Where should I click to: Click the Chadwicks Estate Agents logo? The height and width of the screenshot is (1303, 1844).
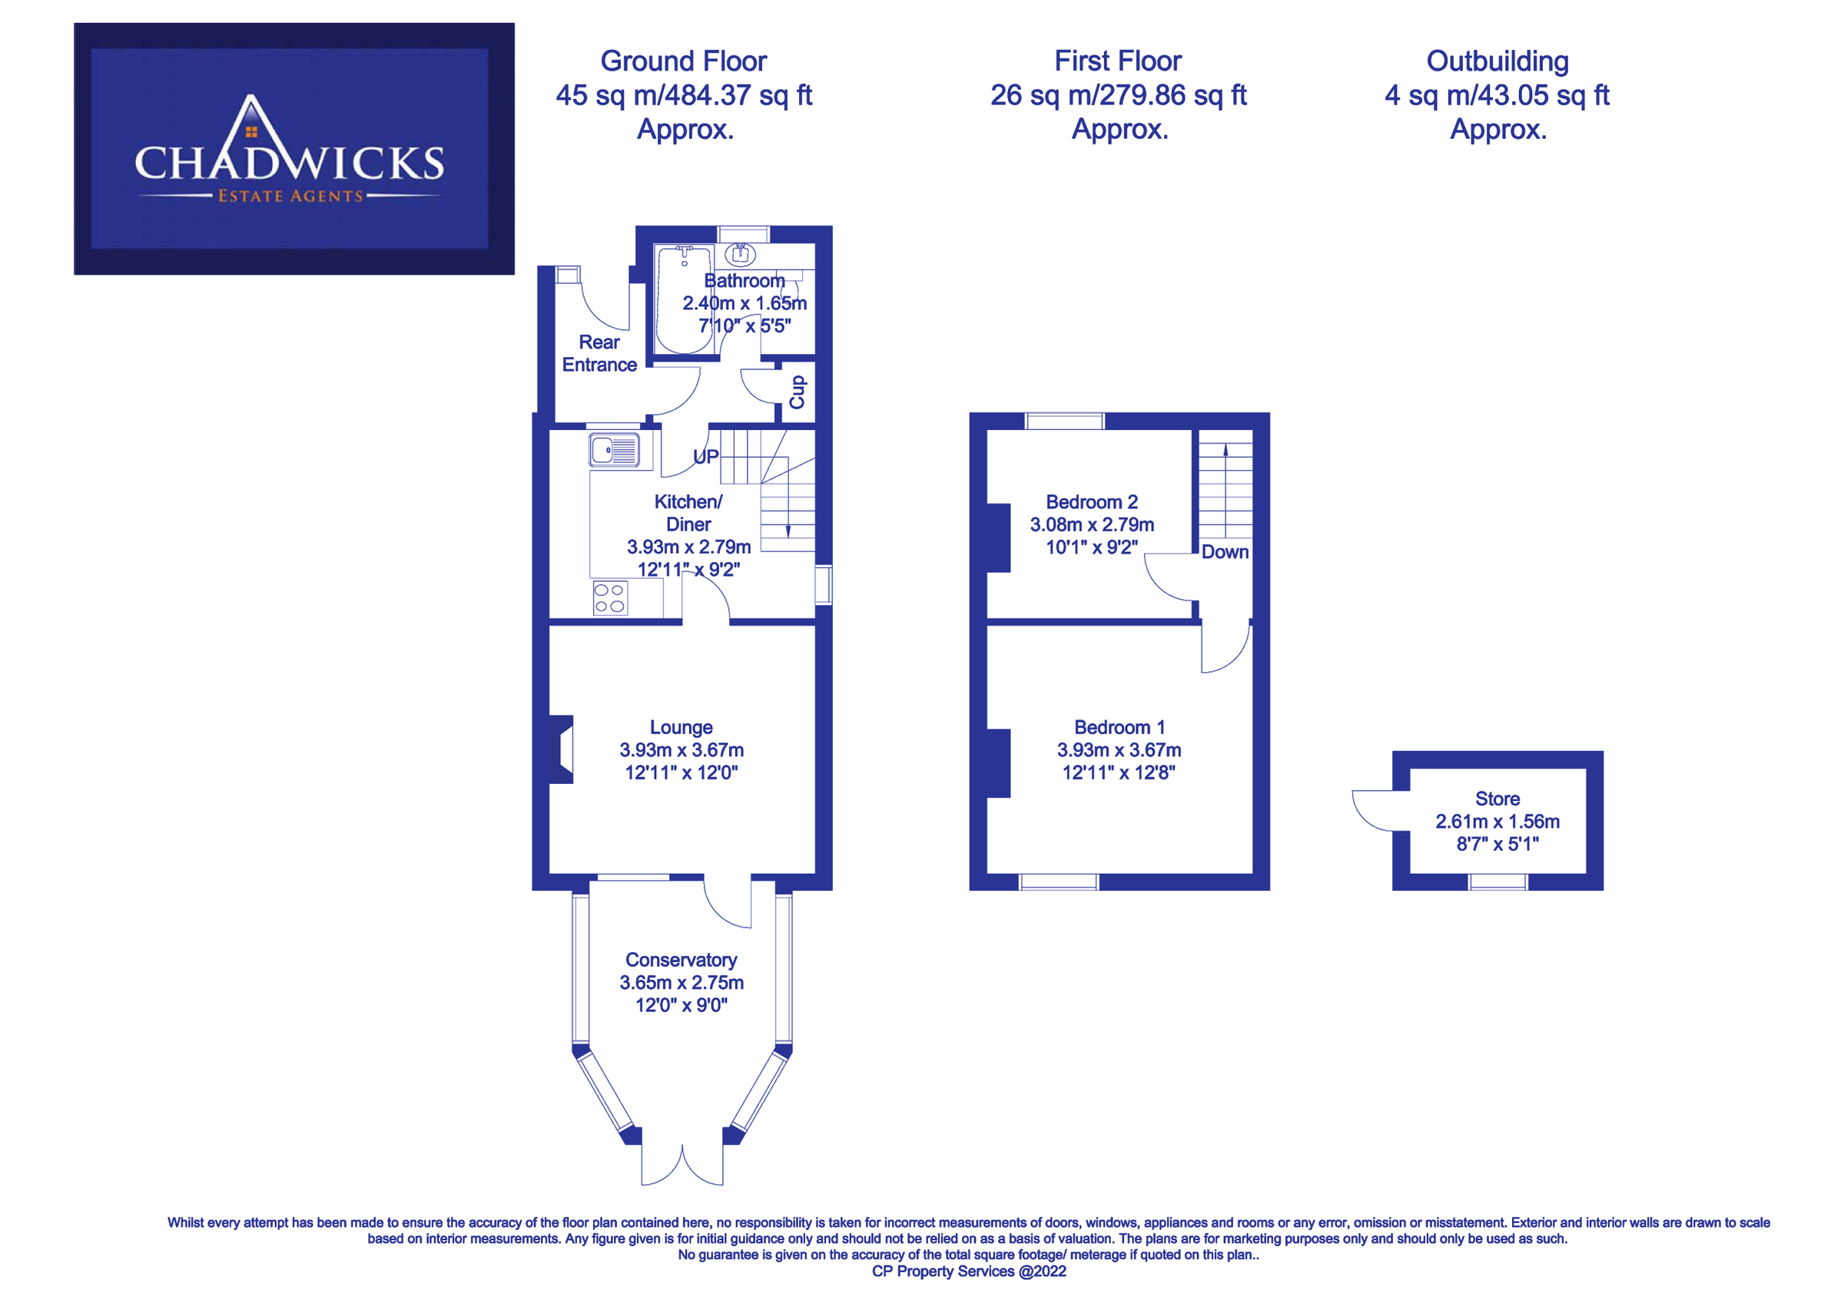294,148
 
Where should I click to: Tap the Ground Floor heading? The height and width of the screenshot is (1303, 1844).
684,61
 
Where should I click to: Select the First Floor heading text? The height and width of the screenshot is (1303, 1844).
1117,61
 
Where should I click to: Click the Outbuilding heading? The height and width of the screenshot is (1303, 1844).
1497,61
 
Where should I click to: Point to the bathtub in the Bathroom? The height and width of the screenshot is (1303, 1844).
684,299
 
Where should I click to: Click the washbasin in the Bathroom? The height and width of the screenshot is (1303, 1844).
740,255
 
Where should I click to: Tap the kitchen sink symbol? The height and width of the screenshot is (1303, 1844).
615,451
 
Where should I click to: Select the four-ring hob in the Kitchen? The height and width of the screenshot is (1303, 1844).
609,598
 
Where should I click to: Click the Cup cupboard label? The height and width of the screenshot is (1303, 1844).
797,392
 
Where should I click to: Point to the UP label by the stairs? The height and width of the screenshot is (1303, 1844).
705,457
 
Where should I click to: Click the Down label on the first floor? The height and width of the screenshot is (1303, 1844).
1225,552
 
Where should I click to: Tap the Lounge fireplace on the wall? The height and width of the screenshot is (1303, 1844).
562,749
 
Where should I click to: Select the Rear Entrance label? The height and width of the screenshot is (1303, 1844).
599,353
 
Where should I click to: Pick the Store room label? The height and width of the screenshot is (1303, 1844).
1497,799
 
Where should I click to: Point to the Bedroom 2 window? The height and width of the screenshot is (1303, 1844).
1064,421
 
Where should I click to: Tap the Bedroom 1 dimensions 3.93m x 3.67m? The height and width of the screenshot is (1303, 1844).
1119,750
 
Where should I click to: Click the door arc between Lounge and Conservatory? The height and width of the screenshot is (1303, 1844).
727,905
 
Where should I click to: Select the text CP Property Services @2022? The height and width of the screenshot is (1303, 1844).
969,1271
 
